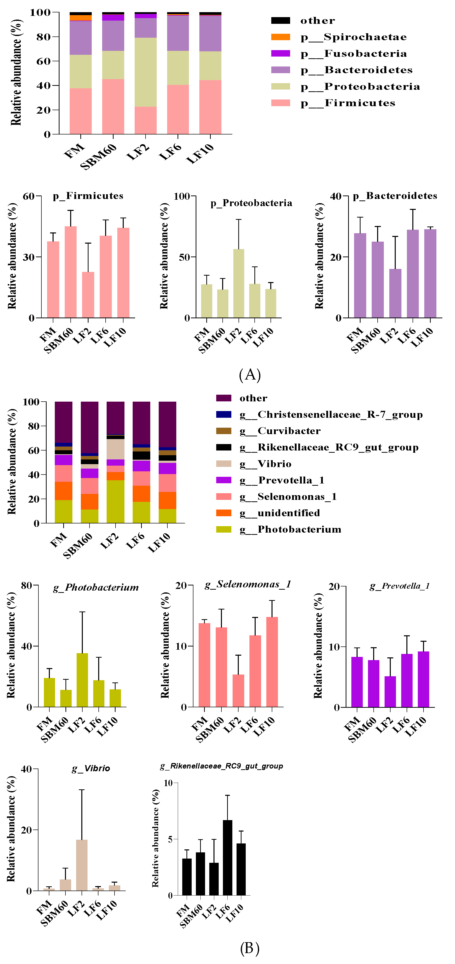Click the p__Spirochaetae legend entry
point(353,37)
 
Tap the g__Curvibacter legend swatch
point(223,431)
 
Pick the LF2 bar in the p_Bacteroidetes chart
point(395,293)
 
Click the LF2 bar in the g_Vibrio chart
point(82,866)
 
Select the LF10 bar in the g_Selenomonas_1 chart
point(272,662)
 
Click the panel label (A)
point(250,375)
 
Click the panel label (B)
point(250,948)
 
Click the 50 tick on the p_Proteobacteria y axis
point(184,257)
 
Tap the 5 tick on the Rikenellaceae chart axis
point(170,839)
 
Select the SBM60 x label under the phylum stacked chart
point(98,157)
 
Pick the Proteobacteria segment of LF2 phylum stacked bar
point(146,72)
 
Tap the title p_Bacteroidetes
point(395,196)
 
